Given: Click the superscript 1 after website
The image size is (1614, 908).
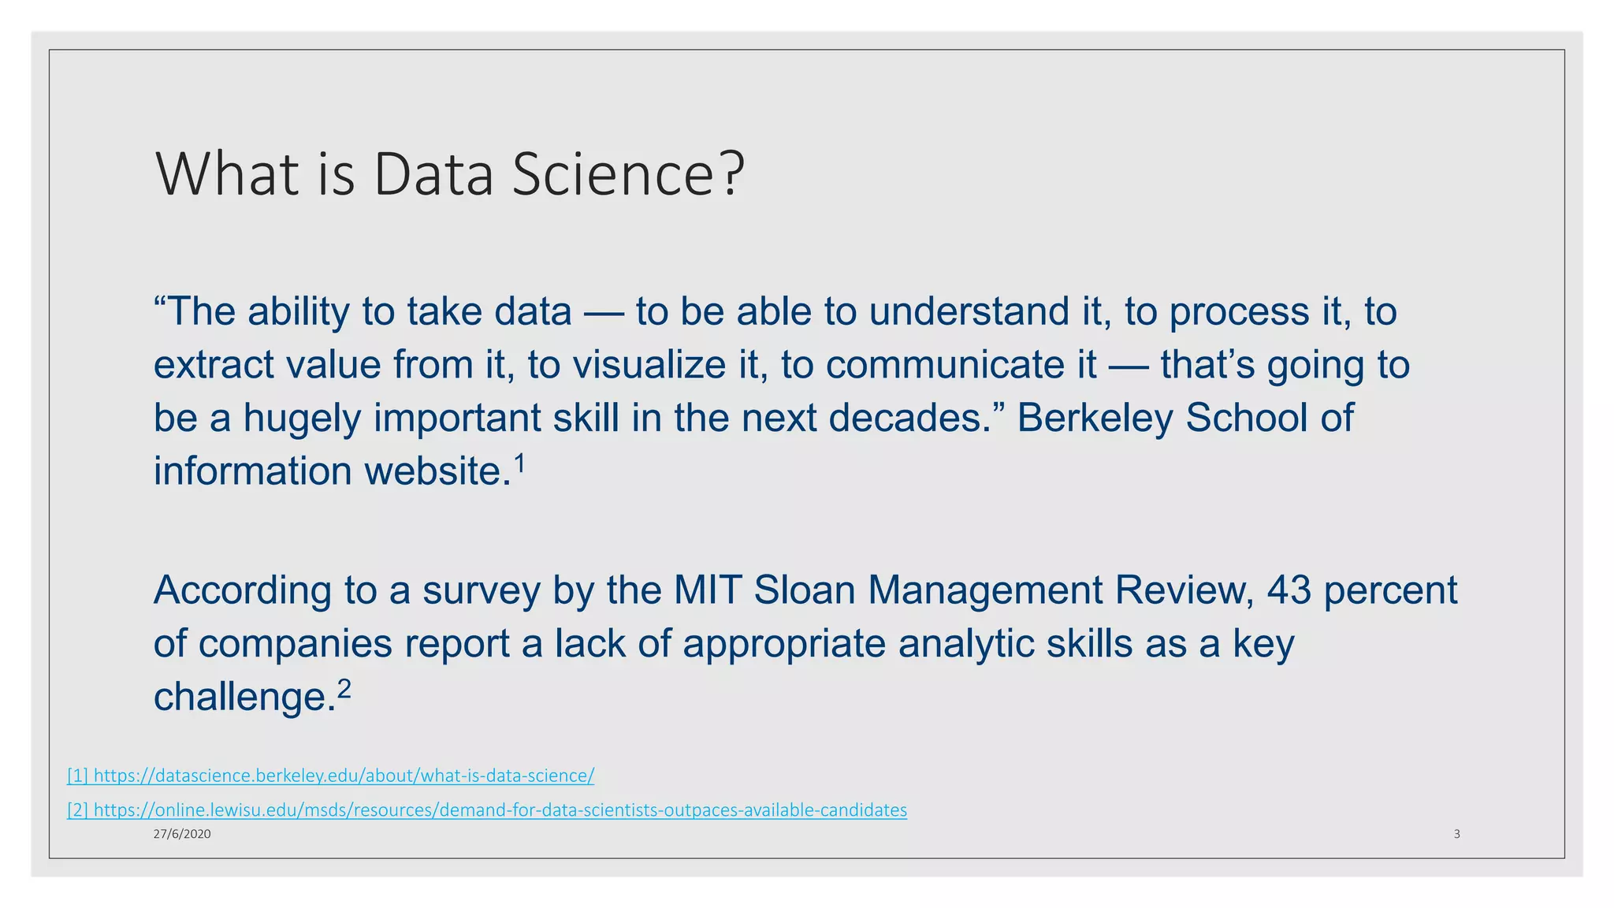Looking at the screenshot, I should pos(519,465).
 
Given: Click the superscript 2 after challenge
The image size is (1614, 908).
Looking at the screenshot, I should pos(344,690).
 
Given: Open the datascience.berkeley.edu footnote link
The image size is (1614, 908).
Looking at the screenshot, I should pos(331,776).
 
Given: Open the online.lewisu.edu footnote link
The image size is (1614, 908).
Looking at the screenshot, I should pos(487,810).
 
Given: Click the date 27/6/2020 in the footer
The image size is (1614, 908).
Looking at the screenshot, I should pos(182,834).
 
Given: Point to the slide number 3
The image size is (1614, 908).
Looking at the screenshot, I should pos(1456,834).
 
